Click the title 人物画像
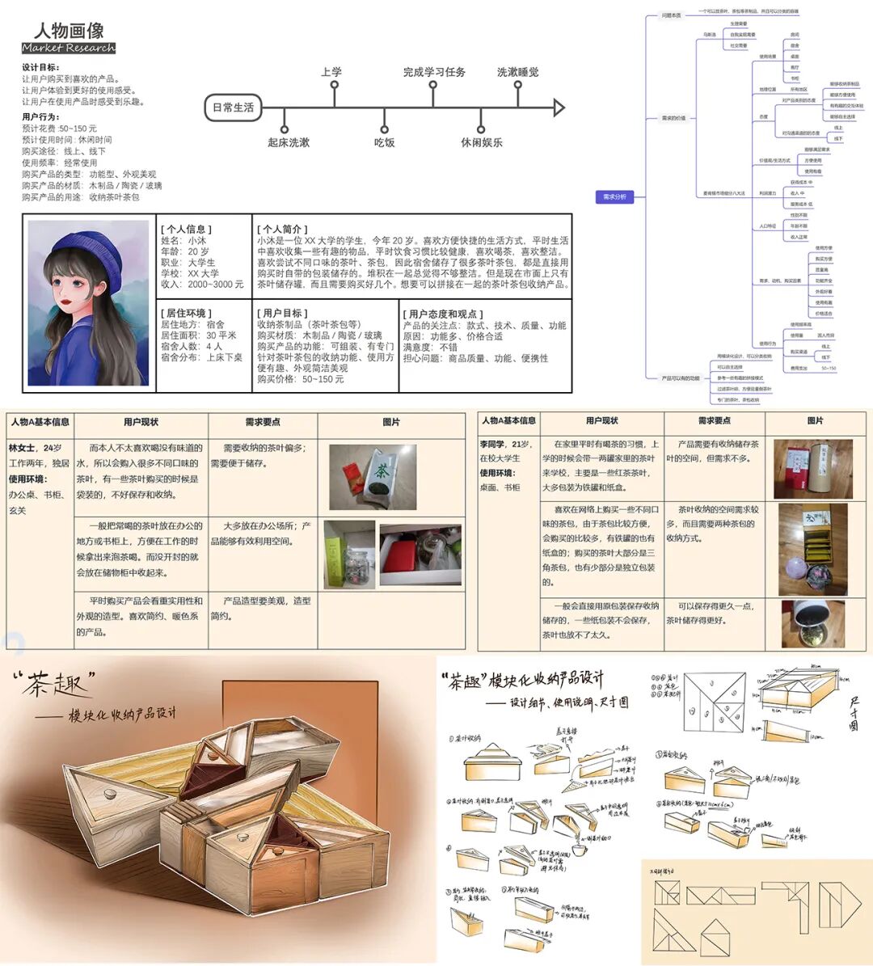(69, 30)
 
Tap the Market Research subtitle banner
(69, 49)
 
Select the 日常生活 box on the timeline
(233, 108)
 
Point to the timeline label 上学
(331, 72)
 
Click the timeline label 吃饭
(384, 142)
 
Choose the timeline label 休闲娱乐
(482, 142)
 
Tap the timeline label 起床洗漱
(289, 142)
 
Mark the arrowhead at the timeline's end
(558, 108)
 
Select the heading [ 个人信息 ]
(186, 229)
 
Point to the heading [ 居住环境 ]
(186, 313)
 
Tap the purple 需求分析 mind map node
(614, 196)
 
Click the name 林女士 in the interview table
(23, 448)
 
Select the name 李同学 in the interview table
(492, 445)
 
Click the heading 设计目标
(40, 68)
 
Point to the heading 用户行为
(40, 117)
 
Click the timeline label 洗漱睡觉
(517, 72)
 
